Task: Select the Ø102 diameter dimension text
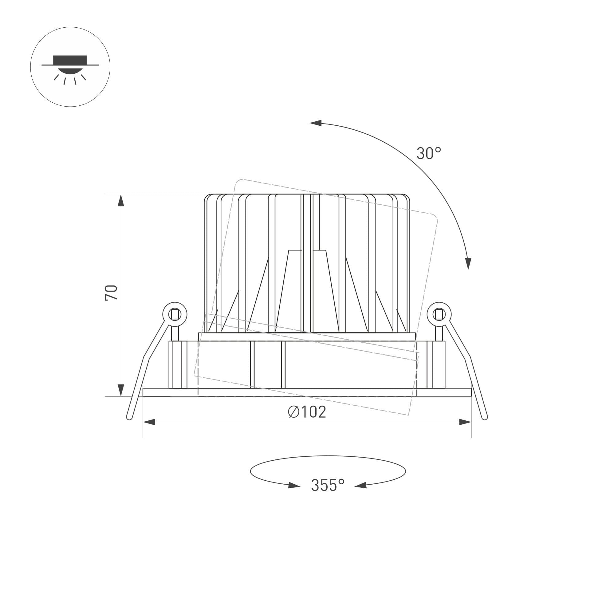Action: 307,412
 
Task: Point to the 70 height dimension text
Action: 111,293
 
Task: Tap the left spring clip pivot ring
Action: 175,314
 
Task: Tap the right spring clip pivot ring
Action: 439,314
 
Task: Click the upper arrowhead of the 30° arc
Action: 316,123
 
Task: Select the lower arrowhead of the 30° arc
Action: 468,264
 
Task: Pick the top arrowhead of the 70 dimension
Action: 121,200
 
